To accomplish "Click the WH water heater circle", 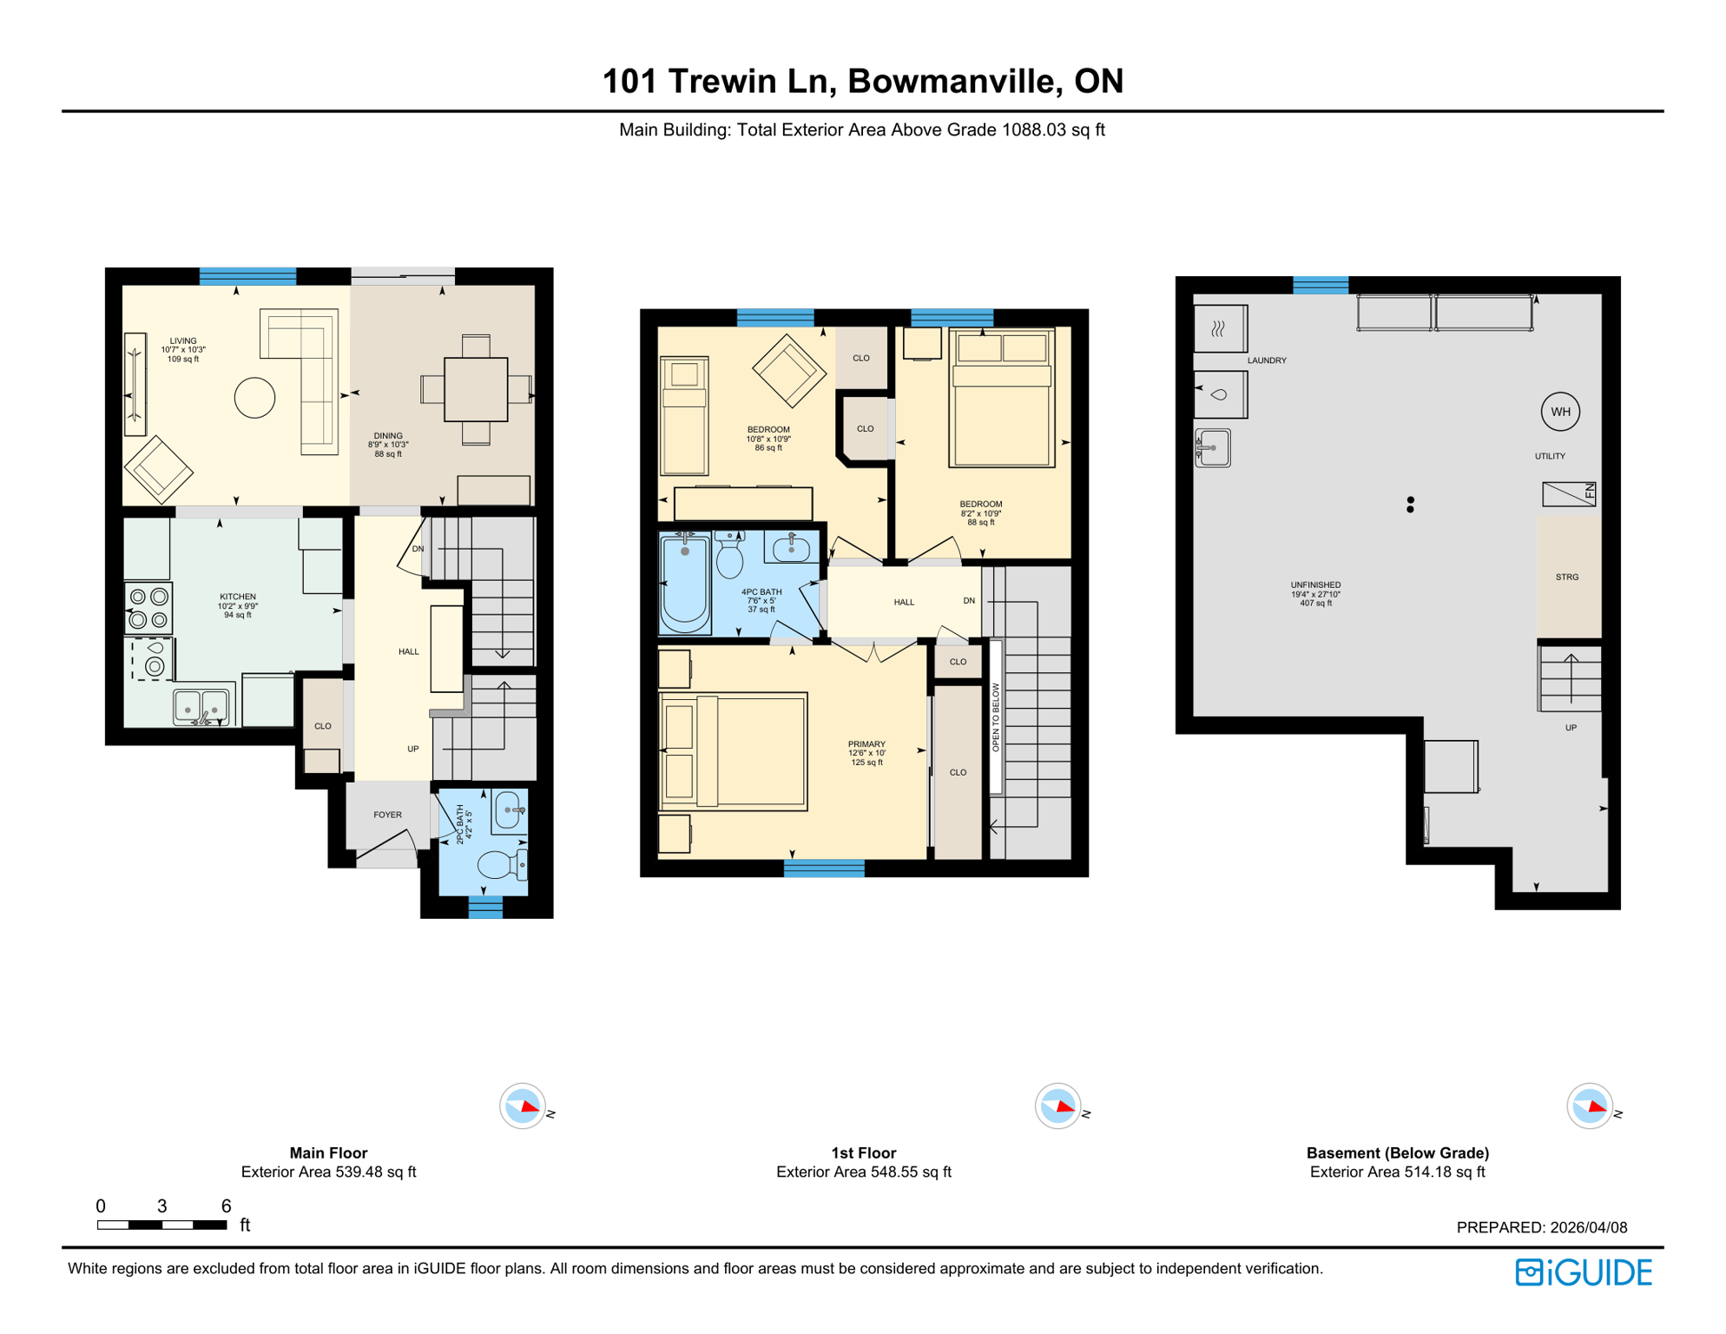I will [1559, 412].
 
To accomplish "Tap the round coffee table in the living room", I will [254, 399].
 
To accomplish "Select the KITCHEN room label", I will [237, 597].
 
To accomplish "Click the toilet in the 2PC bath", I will [498, 864].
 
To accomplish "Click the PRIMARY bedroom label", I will [866, 744].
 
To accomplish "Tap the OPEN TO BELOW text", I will [996, 717].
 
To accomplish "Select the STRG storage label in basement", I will [1566, 577].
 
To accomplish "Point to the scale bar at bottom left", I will [161, 1225].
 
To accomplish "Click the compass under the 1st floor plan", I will [1057, 1106].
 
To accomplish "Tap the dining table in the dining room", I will [476, 390].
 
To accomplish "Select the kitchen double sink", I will [201, 705].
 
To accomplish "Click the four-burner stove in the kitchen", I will [148, 608].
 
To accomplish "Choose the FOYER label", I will [387, 815].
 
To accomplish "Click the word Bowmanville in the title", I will [952, 81].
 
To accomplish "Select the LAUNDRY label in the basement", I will [1266, 360].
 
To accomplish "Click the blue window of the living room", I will [247, 276].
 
